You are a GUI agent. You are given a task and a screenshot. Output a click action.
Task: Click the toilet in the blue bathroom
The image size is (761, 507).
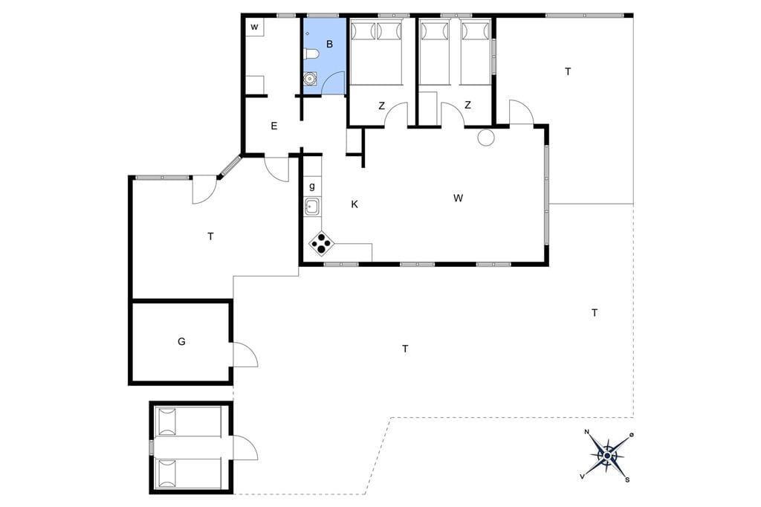[311, 54]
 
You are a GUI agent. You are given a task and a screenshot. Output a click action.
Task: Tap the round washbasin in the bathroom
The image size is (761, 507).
[310, 79]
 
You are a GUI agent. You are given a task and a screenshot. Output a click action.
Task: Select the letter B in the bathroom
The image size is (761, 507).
[329, 44]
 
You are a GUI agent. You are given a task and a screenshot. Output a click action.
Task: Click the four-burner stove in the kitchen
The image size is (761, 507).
[321, 243]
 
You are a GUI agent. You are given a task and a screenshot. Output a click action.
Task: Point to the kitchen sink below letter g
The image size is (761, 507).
[311, 207]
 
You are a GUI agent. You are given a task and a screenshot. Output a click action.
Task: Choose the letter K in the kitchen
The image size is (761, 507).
[354, 204]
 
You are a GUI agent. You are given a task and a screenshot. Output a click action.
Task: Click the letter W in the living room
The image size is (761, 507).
[458, 198]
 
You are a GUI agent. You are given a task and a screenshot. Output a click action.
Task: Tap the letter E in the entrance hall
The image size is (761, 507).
[274, 126]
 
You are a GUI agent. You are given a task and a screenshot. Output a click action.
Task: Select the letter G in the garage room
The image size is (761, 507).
[181, 341]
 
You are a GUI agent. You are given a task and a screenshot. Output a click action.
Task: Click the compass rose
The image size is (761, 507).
[607, 456]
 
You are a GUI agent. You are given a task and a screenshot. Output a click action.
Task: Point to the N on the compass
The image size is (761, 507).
[587, 432]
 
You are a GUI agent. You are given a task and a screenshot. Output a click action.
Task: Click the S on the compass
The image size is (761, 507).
[627, 479]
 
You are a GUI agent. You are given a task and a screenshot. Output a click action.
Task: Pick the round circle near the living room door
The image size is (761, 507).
[486, 138]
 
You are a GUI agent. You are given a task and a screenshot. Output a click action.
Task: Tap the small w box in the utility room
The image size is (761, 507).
[254, 28]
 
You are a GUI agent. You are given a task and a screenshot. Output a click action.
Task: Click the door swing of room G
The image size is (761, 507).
[245, 354]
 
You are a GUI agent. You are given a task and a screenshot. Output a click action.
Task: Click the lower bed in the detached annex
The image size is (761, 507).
[188, 474]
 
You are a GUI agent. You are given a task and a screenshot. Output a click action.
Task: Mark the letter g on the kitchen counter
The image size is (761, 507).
[311, 187]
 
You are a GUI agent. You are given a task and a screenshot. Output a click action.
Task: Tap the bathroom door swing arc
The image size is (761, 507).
[333, 83]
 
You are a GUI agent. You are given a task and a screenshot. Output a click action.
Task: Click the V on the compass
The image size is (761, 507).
[582, 477]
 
